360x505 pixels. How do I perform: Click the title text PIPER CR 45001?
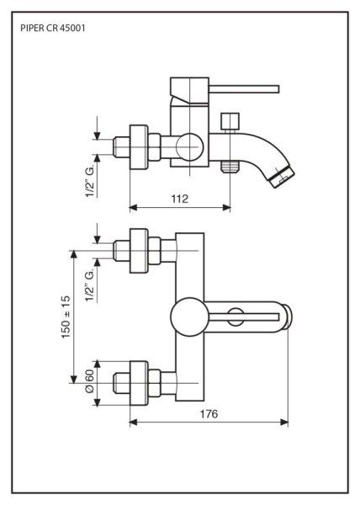tap(53, 28)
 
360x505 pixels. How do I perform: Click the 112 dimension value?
tap(179, 199)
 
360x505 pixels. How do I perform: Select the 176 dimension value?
tap(209, 414)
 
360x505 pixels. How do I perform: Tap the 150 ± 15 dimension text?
tap(66, 317)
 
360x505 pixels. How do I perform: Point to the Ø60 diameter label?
tap(89, 380)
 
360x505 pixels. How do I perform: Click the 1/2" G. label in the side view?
tap(90, 180)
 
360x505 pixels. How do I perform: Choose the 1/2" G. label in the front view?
tap(90, 285)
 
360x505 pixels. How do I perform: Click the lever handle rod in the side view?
tap(244, 89)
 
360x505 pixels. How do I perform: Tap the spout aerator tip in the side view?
tap(283, 177)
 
